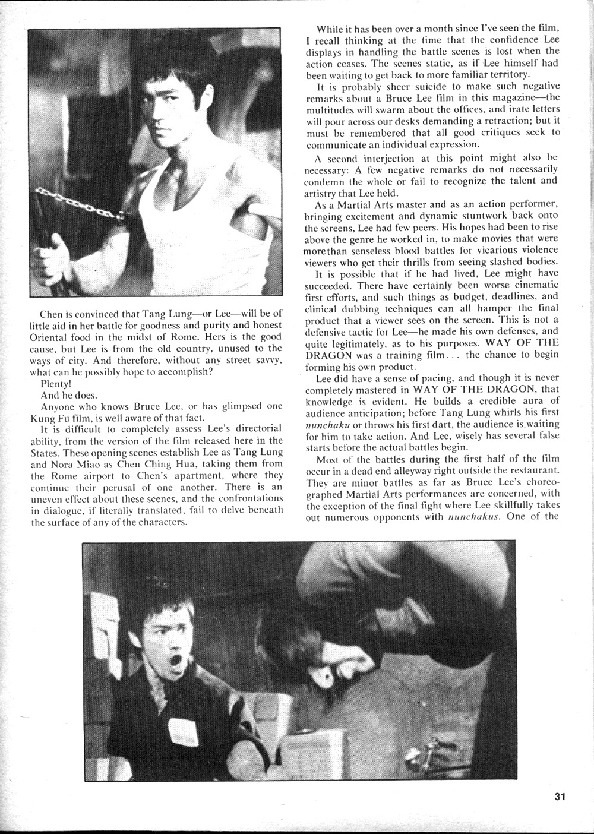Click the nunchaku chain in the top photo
click(x=77, y=203)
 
